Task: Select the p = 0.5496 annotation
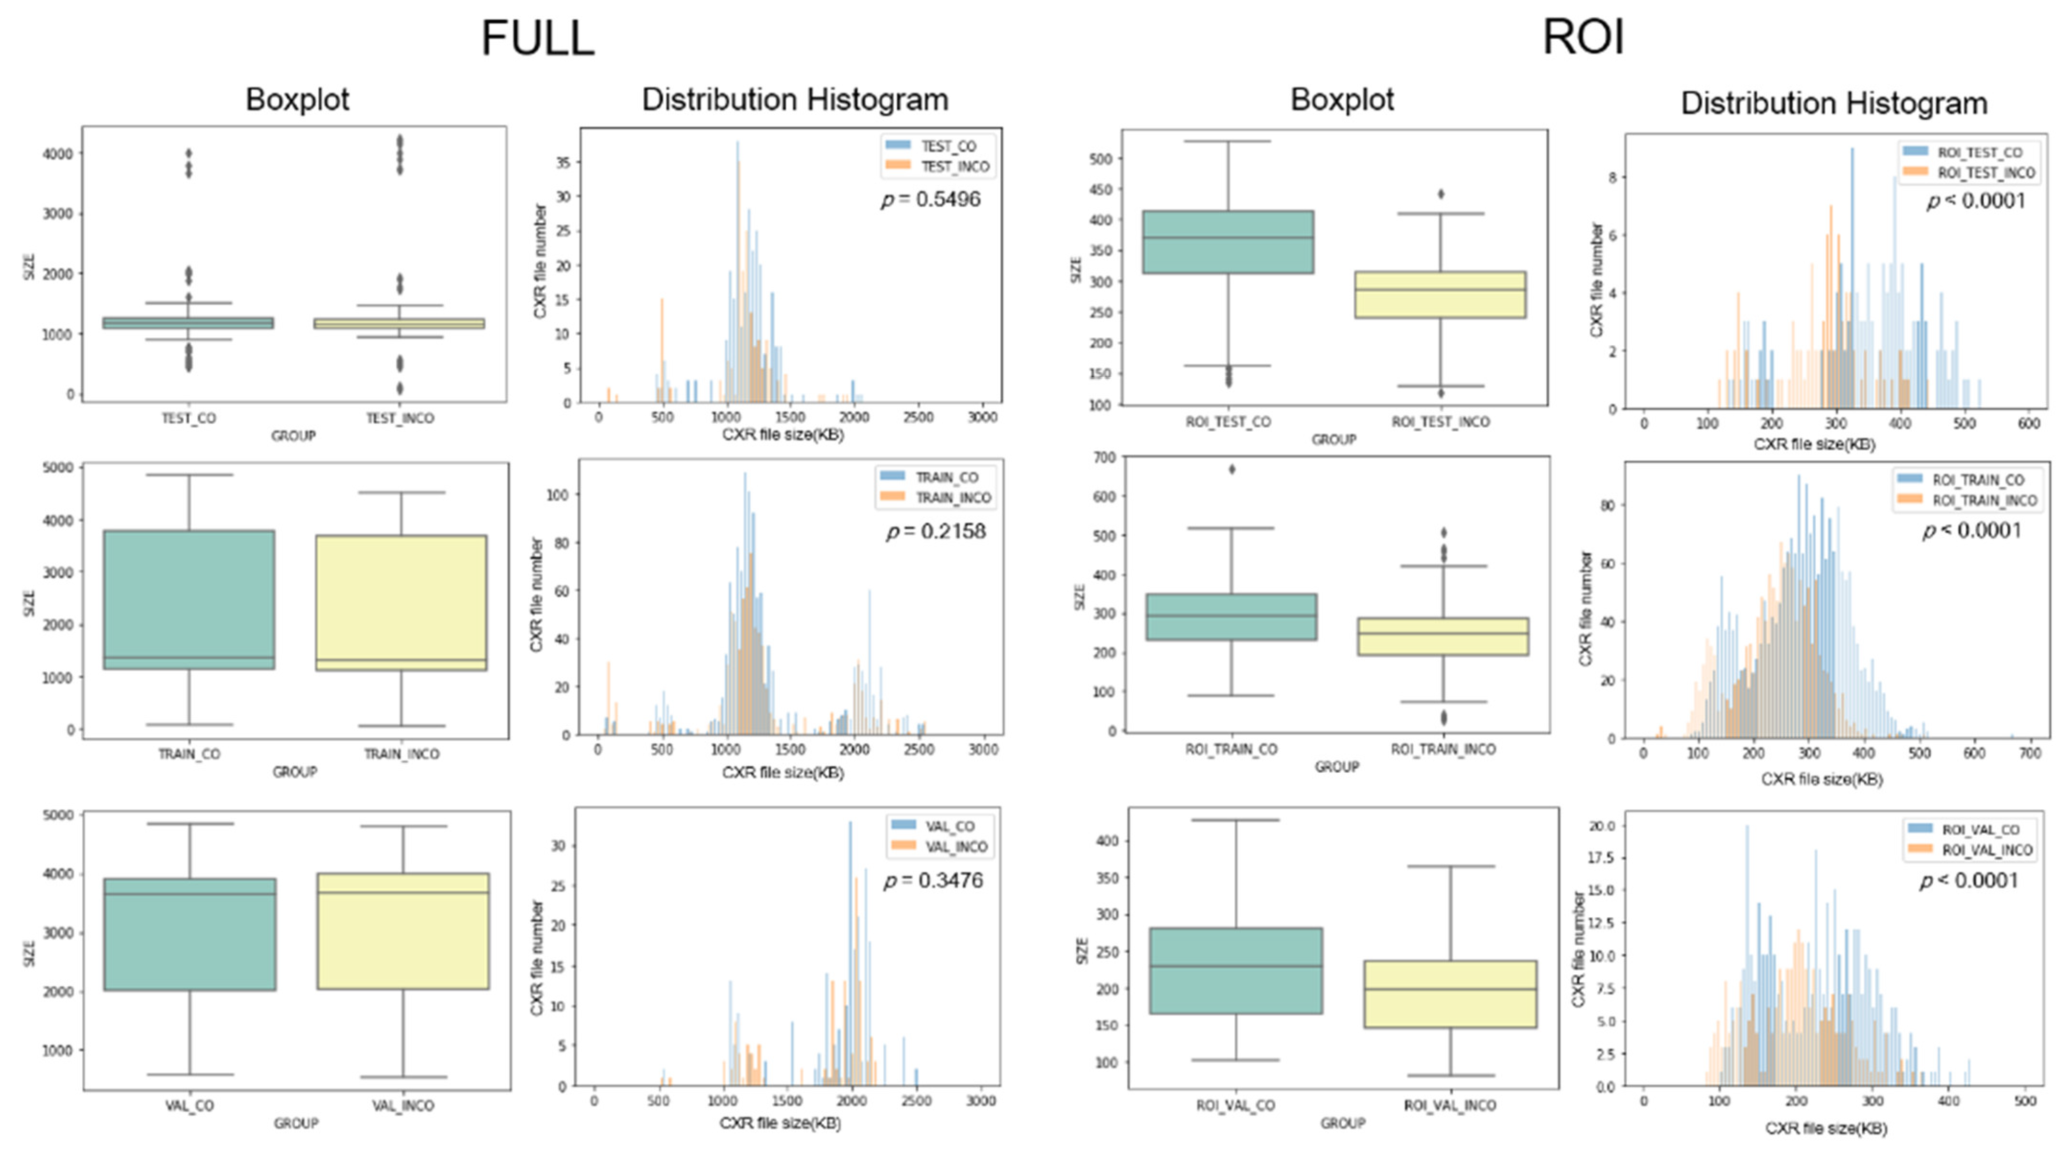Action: coord(931,199)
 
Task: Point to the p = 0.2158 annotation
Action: coord(935,531)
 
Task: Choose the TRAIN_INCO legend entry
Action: coord(935,498)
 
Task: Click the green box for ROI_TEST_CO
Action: coord(1228,242)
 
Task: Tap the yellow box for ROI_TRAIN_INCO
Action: coord(1443,636)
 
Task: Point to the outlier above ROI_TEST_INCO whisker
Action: coord(1441,194)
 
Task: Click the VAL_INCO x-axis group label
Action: coord(402,1105)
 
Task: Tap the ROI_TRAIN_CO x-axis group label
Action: coord(1231,749)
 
